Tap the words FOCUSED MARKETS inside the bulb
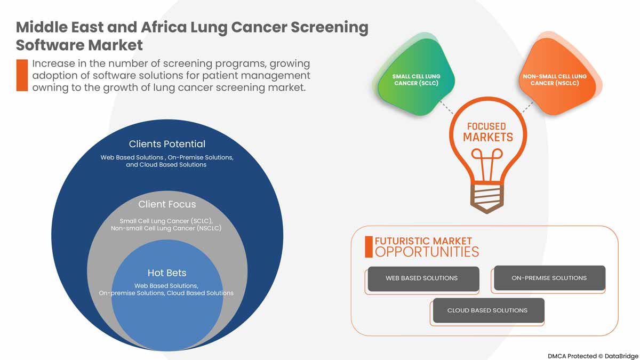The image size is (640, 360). pyautogui.click(x=486, y=132)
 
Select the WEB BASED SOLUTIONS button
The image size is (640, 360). pyautogui.click(x=422, y=278)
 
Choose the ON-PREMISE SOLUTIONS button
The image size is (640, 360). pyautogui.click(x=549, y=278)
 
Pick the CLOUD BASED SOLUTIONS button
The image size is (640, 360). pyautogui.click(x=487, y=310)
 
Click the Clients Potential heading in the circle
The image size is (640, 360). pyautogui.click(x=167, y=144)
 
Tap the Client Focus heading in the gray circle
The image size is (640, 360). pyautogui.click(x=167, y=204)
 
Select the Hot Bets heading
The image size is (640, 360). pyautogui.click(x=167, y=273)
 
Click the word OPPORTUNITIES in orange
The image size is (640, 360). pyautogui.click(x=427, y=252)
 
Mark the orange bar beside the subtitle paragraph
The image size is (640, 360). pyautogui.click(x=22, y=75)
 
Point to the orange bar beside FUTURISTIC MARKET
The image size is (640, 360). pyautogui.click(x=369, y=246)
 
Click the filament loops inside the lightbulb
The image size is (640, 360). pyautogui.click(x=486, y=156)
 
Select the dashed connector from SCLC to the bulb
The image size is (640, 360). pyautogui.click(x=446, y=107)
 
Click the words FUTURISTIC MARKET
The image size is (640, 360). pyautogui.click(x=423, y=241)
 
